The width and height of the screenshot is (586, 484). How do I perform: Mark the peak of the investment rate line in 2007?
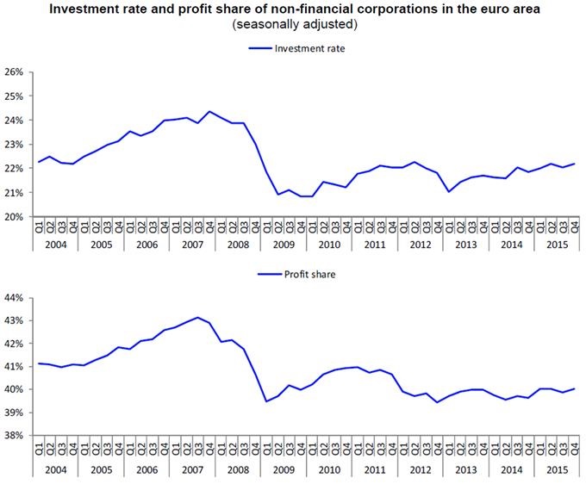pos(209,111)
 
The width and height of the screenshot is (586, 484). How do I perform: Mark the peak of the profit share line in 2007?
pos(198,317)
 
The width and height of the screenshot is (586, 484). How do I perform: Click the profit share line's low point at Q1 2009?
pos(266,400)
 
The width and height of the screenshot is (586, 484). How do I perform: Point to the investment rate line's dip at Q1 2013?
pos(449,191)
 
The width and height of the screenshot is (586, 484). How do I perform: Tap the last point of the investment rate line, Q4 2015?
pos(574,164)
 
